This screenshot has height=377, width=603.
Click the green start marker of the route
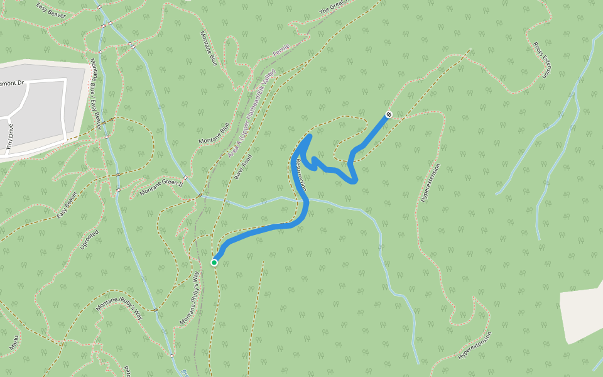click(x=214, y=262)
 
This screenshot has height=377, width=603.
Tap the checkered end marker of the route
click(x=389, y=114)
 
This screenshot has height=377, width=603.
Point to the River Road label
click(x=243, y=167)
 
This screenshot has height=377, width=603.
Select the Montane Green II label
click(x=161, y=187)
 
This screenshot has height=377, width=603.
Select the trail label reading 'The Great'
click(x=333, y=7)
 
